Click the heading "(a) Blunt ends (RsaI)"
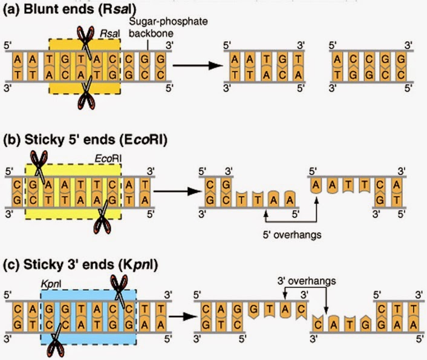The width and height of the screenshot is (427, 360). (x=69, y=9)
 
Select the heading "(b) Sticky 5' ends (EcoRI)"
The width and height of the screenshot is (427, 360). (x=85, y=140)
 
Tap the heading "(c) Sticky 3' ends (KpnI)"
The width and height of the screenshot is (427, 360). (x=80, y=264)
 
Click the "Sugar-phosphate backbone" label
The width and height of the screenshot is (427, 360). (x=168, y=27)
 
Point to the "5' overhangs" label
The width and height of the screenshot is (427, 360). (x=292, y=235)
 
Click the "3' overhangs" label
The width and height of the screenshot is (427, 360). (x=307, y=281)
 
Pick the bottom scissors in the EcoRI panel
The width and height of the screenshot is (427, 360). (x=102, y=217)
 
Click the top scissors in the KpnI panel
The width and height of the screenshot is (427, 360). (x=119, y=290)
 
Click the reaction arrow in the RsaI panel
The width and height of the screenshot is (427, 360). (x=198, y=65)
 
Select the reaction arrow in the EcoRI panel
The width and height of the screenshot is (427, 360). (x=177, y=191)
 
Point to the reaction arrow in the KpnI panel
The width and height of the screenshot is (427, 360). (x=183, y=316)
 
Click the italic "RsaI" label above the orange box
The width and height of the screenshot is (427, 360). (x=109, y=34)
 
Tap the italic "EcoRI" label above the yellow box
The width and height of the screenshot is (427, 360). (x=108, y=159)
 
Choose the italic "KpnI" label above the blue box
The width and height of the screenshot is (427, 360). (x=51, y=284)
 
